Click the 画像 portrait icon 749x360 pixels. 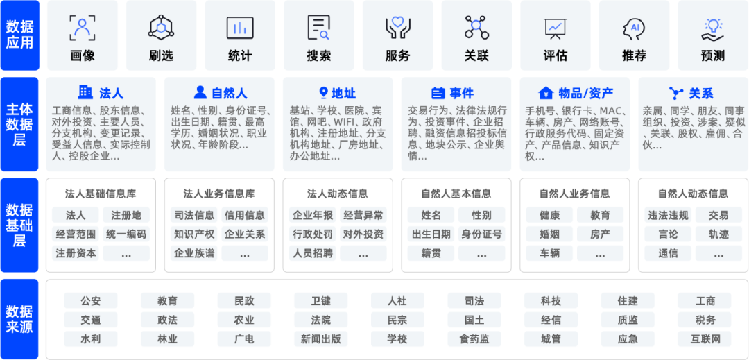point(83,28)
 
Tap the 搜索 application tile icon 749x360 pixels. point(319,28)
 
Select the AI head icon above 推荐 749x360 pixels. point(634,28)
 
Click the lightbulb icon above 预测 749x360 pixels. point(713,28)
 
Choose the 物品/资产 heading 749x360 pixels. point(576,93)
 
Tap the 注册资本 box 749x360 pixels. point(76,253)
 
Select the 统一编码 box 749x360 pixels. point(126,234)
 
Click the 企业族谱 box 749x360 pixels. point(193,253)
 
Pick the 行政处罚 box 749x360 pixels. point(312,234)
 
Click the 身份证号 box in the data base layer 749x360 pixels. point(481,234)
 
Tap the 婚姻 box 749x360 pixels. point(549,234)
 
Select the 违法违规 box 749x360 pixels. point(667,215)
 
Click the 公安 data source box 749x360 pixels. point(91,301)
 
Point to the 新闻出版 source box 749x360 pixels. point(320,339)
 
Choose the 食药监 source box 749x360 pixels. point(474,339)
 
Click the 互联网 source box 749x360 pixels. point(705,339)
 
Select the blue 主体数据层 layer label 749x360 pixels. point(19,125)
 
